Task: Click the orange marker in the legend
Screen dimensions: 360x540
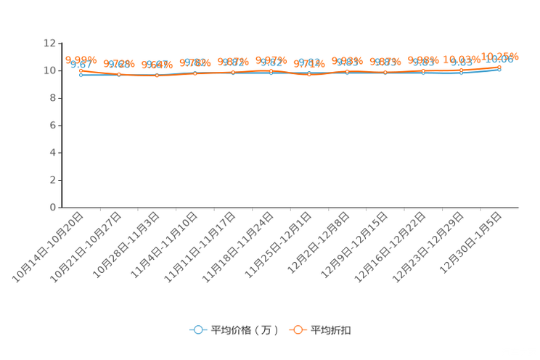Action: point(297,330)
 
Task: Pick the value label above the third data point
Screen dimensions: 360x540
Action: point(157,65)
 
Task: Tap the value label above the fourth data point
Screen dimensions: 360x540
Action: point(195,62)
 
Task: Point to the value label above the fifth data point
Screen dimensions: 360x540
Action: point(233,62)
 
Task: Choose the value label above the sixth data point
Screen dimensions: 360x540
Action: point(271,60)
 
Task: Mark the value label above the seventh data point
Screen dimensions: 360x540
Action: point(309,63)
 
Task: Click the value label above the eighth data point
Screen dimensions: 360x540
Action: point(348,62)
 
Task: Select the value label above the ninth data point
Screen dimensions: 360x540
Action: point(385,62)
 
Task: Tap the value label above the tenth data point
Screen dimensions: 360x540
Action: point(424,61)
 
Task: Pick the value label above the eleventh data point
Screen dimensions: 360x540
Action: point(462,60)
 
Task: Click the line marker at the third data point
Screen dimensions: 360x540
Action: point(157,75)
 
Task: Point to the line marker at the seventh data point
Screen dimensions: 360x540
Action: point(309,73)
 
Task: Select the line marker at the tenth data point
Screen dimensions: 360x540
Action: point(424,71)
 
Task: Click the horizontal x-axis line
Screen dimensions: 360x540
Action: point(290,208)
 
